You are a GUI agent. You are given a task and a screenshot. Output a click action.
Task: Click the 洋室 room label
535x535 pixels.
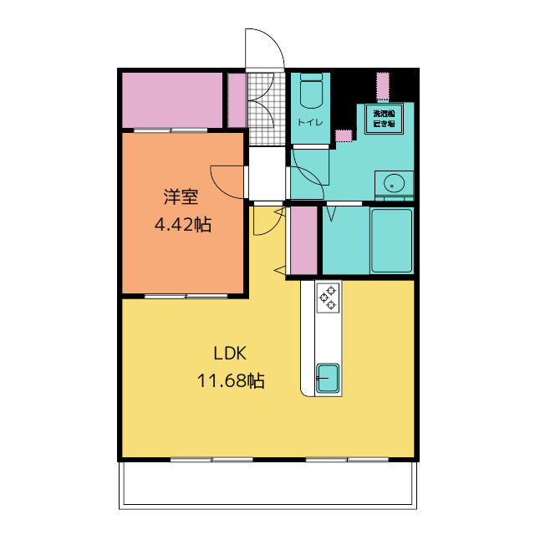181,198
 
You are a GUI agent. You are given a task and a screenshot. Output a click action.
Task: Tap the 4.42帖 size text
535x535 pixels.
181,224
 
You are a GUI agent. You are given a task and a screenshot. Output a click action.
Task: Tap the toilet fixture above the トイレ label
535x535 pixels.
311,90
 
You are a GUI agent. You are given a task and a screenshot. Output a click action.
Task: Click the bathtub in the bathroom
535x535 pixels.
391,240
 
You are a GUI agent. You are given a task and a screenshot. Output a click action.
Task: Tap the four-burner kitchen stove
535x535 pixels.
327,297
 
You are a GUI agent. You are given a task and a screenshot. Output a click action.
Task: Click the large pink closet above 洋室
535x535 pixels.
172,100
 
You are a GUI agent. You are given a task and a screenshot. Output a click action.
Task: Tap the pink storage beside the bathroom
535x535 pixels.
303,240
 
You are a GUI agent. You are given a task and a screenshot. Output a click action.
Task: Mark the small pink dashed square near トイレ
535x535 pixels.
344,135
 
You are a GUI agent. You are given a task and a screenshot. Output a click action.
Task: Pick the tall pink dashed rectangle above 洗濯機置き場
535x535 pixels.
383,86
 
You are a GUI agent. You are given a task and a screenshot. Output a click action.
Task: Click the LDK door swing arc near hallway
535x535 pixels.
266,222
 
